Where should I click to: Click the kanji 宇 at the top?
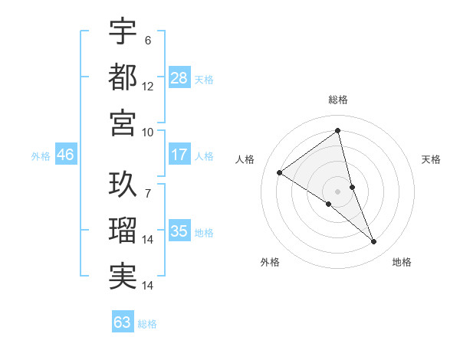click(123, 31)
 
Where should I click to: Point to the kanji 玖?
click(123, 185)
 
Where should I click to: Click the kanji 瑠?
click(123, 231)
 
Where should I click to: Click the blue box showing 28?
click(179, 77)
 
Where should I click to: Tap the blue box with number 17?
click(179, 155)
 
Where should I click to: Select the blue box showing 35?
click(179, 232)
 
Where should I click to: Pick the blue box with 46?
click(65, 155)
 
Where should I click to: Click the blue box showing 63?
click(122, 322)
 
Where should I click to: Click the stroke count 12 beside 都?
click(148, 86)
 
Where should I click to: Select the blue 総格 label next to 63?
click(147, 324)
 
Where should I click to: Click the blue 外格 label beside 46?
click(41, 156)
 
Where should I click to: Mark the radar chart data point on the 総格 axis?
click(337, 131)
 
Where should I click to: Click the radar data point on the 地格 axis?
click(374, 242)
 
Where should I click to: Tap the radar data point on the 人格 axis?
click(279, 172)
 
